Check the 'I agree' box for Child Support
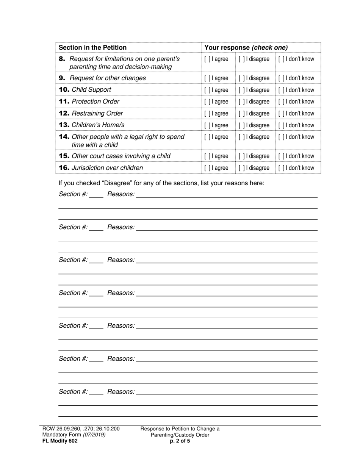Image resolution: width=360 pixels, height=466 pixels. [207, 90]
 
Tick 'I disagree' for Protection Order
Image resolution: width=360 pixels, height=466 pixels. [241, 102]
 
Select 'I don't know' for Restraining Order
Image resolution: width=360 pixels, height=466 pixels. [281, 114]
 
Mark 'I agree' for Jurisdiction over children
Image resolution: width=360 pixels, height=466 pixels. [207, 168]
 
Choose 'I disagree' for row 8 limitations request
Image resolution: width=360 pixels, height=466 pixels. [241, 59]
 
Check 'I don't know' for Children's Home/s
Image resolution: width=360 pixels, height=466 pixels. [281, 125]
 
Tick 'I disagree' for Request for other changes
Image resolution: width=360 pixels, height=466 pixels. [241, 78]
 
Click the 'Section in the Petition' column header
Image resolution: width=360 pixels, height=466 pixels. [93, 48]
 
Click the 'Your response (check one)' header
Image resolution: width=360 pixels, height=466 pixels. [246, 48]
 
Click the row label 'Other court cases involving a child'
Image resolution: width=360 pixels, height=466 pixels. [121, 156]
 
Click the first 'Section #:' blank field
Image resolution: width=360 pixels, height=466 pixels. [96, 195]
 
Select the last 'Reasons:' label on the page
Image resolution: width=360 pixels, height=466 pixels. [121, 392]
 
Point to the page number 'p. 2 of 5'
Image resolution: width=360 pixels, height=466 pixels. [180, 441]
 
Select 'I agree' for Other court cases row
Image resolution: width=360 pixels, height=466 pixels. [207, 156]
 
